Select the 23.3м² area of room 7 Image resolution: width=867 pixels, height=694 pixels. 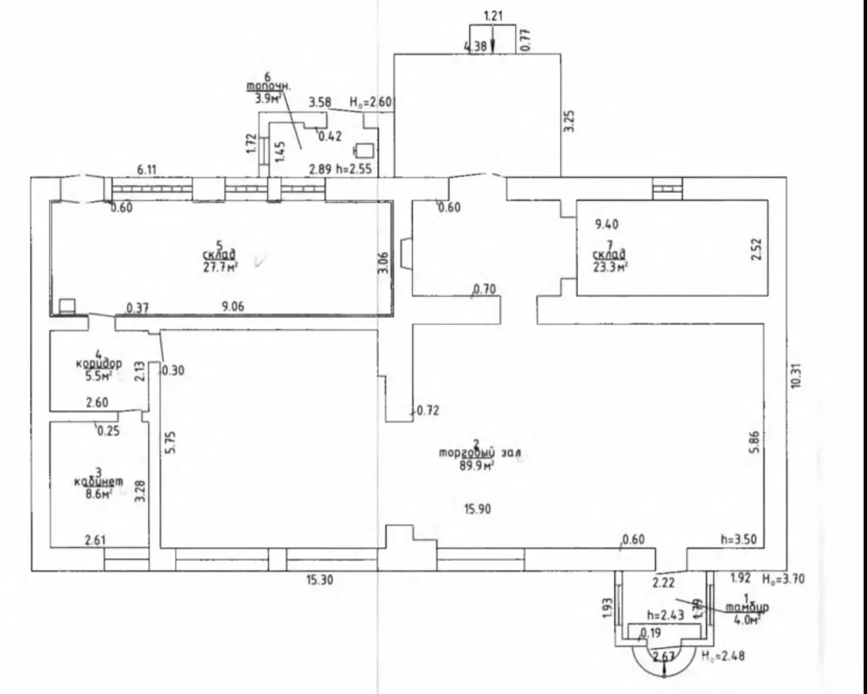[610, 266]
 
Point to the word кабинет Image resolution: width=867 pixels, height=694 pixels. [98, 481]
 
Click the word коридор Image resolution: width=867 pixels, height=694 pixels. [99, 363]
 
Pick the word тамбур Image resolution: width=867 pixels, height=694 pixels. [747, 607]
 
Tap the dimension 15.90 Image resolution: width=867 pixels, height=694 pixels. [477, 509]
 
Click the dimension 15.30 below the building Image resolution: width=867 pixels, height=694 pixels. [320, 580]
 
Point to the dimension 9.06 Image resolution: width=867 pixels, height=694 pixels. [233, 306]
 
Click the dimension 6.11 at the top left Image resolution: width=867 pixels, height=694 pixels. [147, 170]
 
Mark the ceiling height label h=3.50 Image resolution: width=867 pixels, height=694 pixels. [738, 539]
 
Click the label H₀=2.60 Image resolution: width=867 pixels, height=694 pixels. [370, 102]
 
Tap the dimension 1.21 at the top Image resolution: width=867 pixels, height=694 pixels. [493, 15]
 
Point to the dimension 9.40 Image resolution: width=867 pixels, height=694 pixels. [607, 224]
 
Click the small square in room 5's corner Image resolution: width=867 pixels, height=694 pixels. [67, 306]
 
